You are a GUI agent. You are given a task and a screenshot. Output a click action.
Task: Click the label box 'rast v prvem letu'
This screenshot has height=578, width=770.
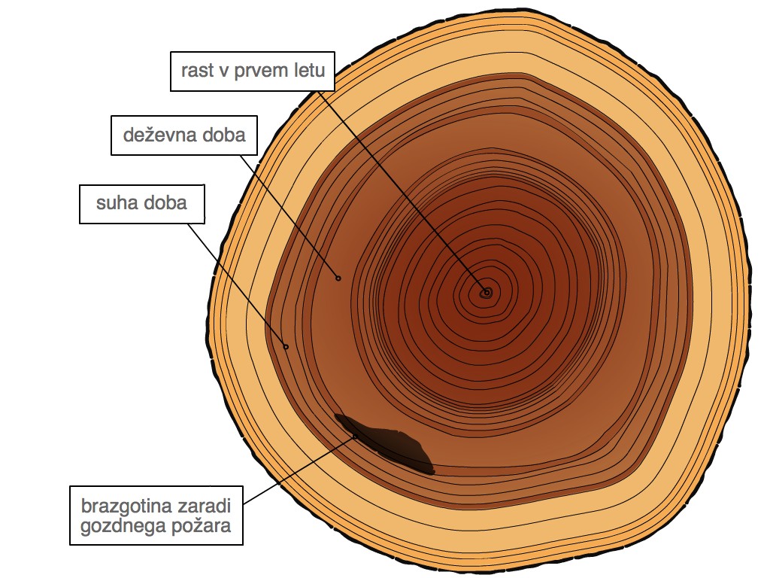pyautogui.click(x=253, y=71)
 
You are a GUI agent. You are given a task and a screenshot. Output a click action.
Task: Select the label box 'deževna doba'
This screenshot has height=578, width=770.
pyautogui.click(x=184, y=135)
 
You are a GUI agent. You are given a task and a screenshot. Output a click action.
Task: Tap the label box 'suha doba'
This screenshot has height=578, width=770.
pyautogui.click(x=142, y=204)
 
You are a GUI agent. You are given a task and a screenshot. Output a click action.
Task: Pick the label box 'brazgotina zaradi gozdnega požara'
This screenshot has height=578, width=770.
pyautogui.click(x=156, y=516)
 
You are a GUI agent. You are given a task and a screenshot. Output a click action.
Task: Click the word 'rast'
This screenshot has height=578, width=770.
pyautogui.click(x=198, y=71)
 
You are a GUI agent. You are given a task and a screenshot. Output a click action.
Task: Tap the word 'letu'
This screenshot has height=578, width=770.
pyautogui.click(x=309, y=70)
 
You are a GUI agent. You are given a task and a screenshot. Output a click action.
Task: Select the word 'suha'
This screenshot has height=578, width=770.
pyautogui.click(x=114, y=203)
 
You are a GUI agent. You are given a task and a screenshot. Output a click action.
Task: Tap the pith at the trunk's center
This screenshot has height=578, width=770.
pyautogui.click(x=487, y=293)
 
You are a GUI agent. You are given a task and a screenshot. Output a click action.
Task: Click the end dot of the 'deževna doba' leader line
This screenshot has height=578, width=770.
pyautogui.click(x=338, y=278)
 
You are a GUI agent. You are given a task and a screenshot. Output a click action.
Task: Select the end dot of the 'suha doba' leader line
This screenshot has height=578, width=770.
pyautogui.click(x=286, y=347)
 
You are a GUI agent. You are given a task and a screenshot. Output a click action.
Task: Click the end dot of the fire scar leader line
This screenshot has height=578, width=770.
pyautogui.click(x=356, y=436)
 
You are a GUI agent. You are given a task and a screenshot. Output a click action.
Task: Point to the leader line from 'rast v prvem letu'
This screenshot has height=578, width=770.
pyautogui.click(x=402, y=192)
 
